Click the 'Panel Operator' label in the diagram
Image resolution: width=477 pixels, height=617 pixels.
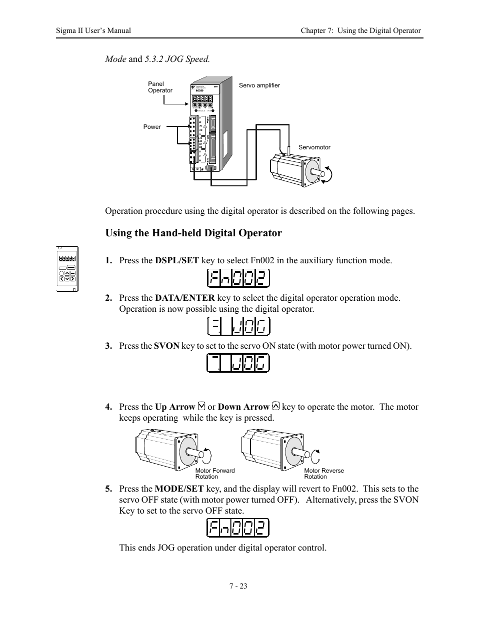pyautogui.click(x=160, y=87)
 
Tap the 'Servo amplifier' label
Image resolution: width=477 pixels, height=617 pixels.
pyautogui.click(x=259, y=85)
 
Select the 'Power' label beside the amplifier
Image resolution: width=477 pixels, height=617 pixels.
pyautogui.click(x=152, y=127)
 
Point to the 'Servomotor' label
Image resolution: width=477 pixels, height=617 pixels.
pyautogui.click(x=314, y=147)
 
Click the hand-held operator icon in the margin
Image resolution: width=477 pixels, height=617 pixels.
pyautogui.click(x=67, y=268)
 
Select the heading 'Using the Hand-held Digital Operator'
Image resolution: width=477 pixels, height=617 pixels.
pyautogui.click(x=193, y=233)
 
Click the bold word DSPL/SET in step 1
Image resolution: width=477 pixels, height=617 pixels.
pyautogui.click(x=176, y=260)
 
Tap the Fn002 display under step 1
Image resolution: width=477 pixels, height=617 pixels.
pyautogui.click(x=238, y=278)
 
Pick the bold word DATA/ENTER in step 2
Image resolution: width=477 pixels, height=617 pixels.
pyautogui.click(x=184, y=298)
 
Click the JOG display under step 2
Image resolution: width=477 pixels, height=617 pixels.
pyautogui.click(x=238, y=326)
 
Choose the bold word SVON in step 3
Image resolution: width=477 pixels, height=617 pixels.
pyautogui.click(x=166, y=346)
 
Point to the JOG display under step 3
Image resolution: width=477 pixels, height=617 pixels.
pyautogui.click(x=238, y=363)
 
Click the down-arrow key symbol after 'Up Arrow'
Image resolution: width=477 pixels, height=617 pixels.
pyautogui.click(x=201, y=407)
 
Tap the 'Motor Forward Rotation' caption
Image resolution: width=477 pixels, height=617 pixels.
pyautogui.click(x=214, y=474)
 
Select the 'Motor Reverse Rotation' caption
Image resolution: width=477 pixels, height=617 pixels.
pyautogui.click(x=323, y=474)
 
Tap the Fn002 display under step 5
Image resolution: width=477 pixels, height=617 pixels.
pyautogui.click(x=238, y=528)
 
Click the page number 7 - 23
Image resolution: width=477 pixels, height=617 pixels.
pyautogui.click(x=238, y=586)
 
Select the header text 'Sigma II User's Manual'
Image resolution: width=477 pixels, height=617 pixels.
pyautogui.click(x=93, y=30)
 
